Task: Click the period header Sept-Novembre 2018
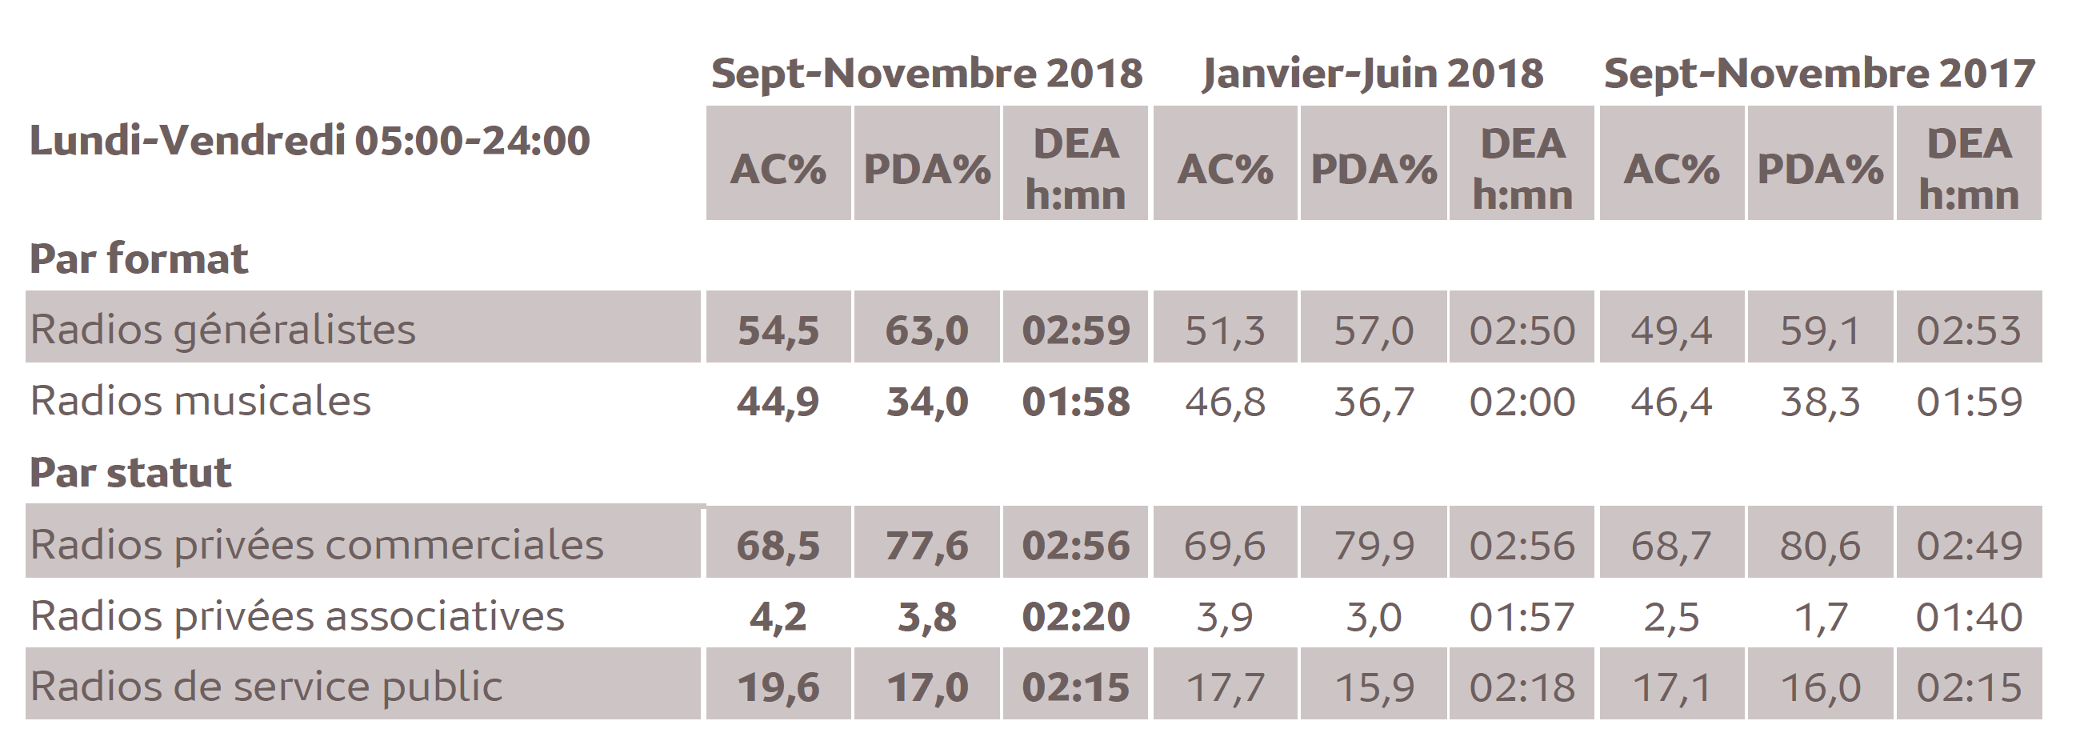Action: click(x=926, y=74)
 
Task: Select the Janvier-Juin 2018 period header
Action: click(x=1373, y=74)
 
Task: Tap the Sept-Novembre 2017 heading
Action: click(x=1819, y=74)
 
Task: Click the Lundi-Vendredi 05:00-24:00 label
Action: click(x=310, y=140)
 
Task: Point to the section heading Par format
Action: click(x=138, y=258)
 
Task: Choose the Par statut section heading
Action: click(x=130, y=471)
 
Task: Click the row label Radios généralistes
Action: click(x=222, y=329)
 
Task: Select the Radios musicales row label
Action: click(x=200, y=401)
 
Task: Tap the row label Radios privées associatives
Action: click(x=297, y=616)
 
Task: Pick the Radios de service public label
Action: click(x=266, y=686)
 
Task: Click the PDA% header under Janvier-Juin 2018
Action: click(x=1374, y=169)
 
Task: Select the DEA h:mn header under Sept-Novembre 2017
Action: click(x=1968, y=169)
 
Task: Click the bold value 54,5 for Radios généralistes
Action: click(x=778, y=330)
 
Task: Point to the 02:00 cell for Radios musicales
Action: click(x=1522, y=402)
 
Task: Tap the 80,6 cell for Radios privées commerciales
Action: click(x=1820, y=545)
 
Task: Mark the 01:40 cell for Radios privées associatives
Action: click(x=1968, y=617)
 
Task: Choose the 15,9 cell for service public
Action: click(x=1374, y=687)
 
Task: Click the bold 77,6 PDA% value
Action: click(x=926, y=545)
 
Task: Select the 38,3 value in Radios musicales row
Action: click(x=1820, y=402)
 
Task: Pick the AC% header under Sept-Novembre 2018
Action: click(x=778, y=169)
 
